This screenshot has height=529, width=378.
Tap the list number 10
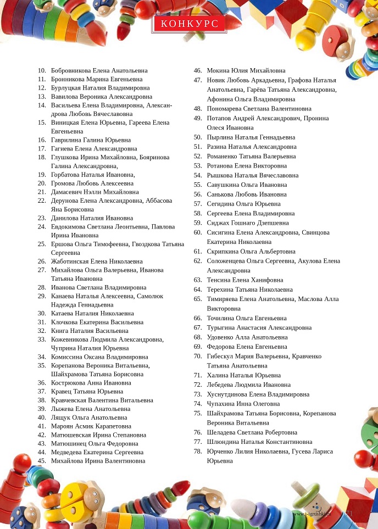point(42,71)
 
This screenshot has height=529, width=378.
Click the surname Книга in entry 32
point(59,331)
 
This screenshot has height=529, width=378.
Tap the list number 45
point(42,461)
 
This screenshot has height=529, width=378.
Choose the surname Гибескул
point(223,357)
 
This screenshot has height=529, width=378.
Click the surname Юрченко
point(221,452)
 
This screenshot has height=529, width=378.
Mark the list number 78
point(198,452)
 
